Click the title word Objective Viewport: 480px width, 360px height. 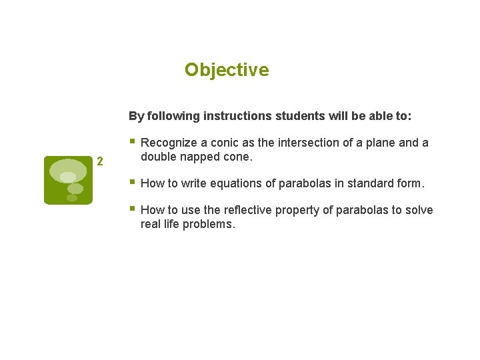tap(227, 70)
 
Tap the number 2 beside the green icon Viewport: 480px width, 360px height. tap(100, 161)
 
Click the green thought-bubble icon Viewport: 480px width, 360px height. tap(69, 180)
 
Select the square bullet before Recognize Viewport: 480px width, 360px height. tap(133, 141)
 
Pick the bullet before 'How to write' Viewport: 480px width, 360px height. tap(133, 182)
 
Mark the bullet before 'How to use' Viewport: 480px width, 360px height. tap(133, 209)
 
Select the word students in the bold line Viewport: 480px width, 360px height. tap(299, 116)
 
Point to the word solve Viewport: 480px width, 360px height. tap(419, 210)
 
